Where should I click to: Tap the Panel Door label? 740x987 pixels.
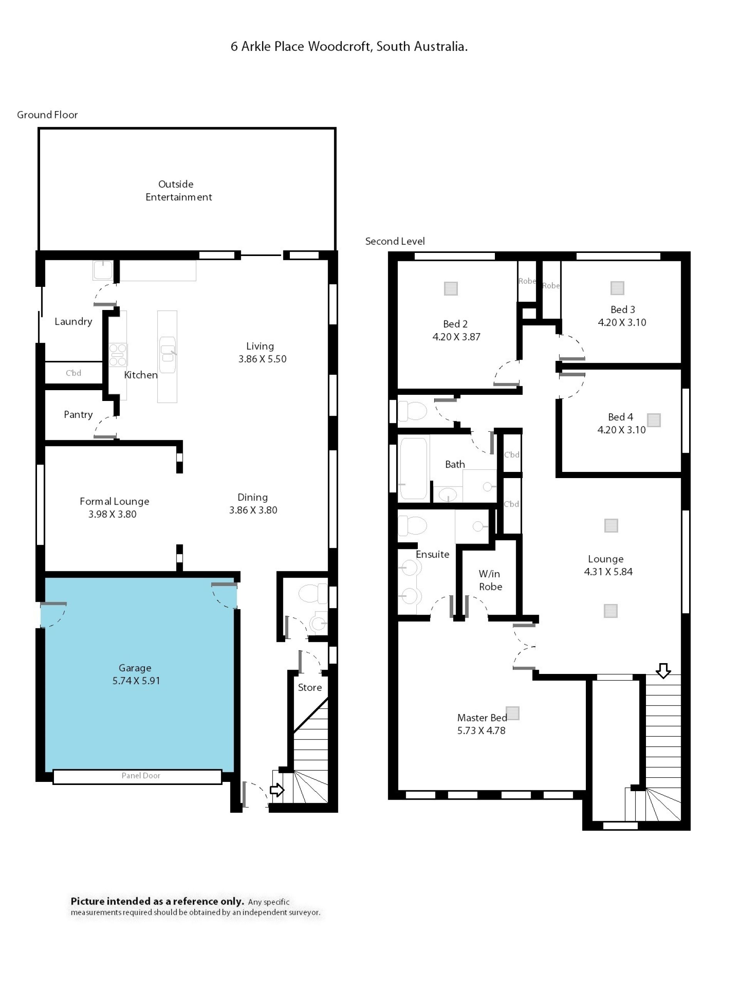tap(141, 775)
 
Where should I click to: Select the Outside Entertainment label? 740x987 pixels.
tap(178, 190)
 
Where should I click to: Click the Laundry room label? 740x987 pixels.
tap(73, 321)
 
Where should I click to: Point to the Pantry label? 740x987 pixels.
tap(78, 414)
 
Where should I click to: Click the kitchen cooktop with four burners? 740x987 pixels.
tap(118, 355)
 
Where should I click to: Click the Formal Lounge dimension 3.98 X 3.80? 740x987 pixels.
tap(113, 514)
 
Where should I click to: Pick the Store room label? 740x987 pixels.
tap(309, 687)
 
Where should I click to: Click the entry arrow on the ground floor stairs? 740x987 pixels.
tap(277, 790)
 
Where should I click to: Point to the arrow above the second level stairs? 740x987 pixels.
tap(663, 670)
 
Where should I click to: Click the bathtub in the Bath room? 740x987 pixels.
tap(414, 468)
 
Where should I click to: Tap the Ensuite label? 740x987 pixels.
tap(432, 554)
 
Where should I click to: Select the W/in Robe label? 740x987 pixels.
tap(490, 580)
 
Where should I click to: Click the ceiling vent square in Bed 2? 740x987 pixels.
tap(451, 289)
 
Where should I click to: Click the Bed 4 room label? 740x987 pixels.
tap(621, 417)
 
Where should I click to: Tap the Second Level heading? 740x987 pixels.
tap(395, 241)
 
